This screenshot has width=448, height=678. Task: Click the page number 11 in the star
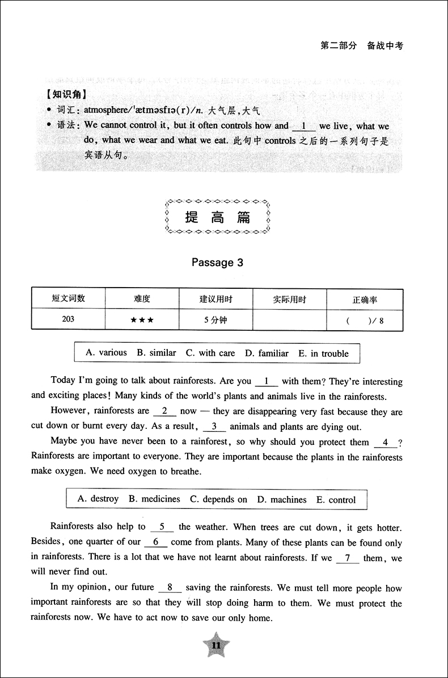pyautogui.click(x=215, y=646)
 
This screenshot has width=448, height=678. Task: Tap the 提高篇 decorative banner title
pyautogui.click(x=217, y=217)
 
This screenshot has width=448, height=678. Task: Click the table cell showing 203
pyautogui.click(x=68, y=319)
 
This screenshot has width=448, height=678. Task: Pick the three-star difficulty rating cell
pyautogui.click(x=142, y=320)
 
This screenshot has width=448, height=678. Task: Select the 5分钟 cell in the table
pyautogui.click(x=215, y=320)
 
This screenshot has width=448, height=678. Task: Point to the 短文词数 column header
pyautogui.click(x=68, y=298)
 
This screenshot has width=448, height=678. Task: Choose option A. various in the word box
pyautogui.click(x=106, y=353)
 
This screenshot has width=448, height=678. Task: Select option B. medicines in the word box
pyautogui.click(x=154, y=499)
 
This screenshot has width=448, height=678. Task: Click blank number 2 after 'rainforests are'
pyautogui.click(x=164, y=411)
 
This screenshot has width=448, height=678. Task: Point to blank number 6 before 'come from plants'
pyautogui.click(x=155, y=542)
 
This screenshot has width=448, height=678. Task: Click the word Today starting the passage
pyautogui.click(x=64, y=381)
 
